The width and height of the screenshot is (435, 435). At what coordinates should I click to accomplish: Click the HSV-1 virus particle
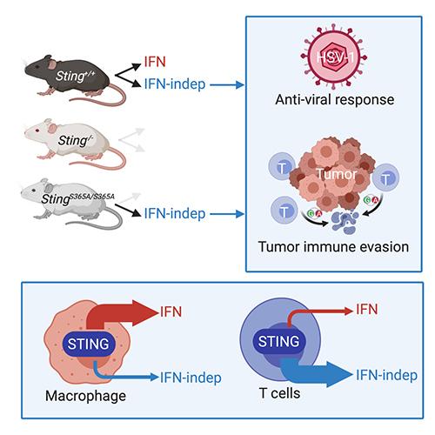click(334, 57)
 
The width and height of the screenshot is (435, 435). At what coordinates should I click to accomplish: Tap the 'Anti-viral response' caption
click(335, 99)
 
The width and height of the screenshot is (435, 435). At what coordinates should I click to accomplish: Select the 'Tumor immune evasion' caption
click(333, 247)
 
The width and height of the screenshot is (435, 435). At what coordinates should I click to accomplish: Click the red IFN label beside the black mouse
click(155, 62)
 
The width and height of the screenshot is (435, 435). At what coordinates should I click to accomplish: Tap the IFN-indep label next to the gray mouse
click(175, 213)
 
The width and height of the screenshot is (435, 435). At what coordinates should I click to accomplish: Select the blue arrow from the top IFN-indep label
click(227, 85)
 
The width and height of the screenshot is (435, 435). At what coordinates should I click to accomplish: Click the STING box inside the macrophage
click(89, 344)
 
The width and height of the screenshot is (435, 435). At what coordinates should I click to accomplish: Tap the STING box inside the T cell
click(278, 341)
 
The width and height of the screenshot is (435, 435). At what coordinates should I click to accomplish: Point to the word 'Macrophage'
click(86, 396)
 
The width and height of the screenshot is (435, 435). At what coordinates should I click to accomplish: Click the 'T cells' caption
click(280, 393)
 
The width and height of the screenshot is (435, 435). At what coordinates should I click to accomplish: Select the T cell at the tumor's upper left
click(282, 168)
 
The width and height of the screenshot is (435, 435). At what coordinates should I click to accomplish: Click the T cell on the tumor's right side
click(385, 177)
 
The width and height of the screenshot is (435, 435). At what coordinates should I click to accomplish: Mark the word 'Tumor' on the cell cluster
click(337, 174)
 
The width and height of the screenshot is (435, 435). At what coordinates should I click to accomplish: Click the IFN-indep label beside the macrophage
click(191, 378)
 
